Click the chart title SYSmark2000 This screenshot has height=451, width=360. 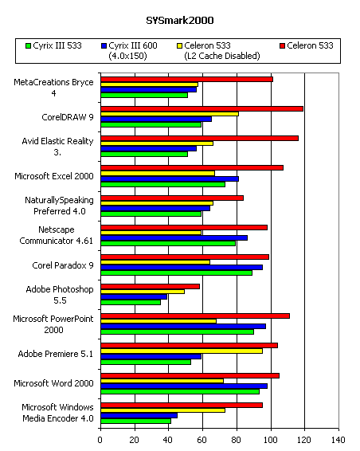coord(180,21)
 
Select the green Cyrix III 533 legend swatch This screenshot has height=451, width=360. coord(28,45)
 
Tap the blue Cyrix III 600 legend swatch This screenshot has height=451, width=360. coord(104,45)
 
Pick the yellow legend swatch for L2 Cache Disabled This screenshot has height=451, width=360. coord(179,45)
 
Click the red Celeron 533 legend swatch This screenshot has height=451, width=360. coord(283,45)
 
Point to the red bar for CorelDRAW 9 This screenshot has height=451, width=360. coord(202,108)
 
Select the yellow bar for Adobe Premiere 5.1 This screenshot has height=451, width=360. coord(182,351)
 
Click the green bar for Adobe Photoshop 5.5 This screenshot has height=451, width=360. coord(131,302)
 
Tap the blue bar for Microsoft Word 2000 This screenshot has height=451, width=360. coord(184,386)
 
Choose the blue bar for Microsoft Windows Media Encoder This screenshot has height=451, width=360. coord(139,416)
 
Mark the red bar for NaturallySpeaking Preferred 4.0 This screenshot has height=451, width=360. coord(172,198)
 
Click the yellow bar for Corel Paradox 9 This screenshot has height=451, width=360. coord(155,262)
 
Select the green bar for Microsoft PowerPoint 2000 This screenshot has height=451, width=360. coord(177,332)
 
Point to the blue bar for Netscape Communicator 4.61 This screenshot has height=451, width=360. coord(174,238)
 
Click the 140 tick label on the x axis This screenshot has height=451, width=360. coord(338,440)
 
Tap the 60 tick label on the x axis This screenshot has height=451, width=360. coord(202,440)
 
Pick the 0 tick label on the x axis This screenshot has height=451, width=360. coord(100,440)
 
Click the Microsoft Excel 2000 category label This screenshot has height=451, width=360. coord(54,176)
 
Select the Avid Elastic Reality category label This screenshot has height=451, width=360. coord(57,147)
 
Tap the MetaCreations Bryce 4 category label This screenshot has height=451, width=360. coord(53,88)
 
